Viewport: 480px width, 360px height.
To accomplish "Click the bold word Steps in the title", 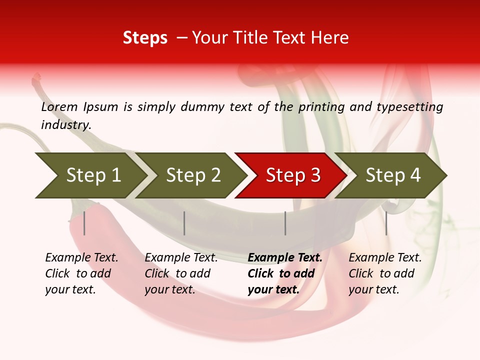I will click(145, 38).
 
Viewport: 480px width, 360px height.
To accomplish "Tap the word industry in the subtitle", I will click(66, 124).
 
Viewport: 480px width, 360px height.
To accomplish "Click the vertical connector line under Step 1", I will click(84, 223).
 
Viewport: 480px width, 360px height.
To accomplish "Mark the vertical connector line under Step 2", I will click(184, 223).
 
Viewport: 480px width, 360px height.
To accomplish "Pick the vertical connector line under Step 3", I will click(285, 223).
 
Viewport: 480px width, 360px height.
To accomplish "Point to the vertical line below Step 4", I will click(386, 223).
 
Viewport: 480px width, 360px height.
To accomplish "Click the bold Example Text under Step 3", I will click(285, 258).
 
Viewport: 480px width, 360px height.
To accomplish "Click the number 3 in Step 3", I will click(314, 175).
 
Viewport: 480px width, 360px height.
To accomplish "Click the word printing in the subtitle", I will click(321, 107).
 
